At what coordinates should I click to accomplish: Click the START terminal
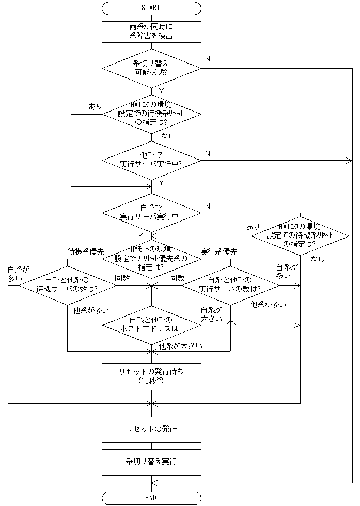click(x=151, y=8)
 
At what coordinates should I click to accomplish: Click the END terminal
click(x=151, y=498)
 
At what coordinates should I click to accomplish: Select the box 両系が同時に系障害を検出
click(x=151, y=32)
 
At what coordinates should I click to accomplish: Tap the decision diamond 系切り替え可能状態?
click(x=151, y=68)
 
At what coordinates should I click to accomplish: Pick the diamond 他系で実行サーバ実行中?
click(x=151, y=160)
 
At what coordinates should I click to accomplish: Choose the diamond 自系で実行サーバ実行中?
click(x=151, y=212)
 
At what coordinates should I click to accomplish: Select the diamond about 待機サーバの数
click(x=68, y=284)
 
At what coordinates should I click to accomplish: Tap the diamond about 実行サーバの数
click(x=230, y=284)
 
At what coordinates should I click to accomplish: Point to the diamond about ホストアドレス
click(x=151, y=325)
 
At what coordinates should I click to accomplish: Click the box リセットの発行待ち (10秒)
click(x=151, y=376)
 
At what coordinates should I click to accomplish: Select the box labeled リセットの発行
click(x=151, y=429)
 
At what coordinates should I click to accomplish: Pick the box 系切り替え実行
click(x=151, y=462)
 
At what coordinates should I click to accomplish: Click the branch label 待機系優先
click(x=86, y=252)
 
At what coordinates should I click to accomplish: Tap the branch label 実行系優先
click(x=218, y=252)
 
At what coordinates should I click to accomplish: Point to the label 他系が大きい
click(x=181, y=346)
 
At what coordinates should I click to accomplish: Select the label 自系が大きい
click(x=211, y=314)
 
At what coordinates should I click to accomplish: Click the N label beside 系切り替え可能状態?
click(x=208, y=59)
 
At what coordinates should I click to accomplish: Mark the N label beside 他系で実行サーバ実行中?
click(x=208, y=153)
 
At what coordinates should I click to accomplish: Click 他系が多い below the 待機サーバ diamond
click(x=91, y=311)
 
